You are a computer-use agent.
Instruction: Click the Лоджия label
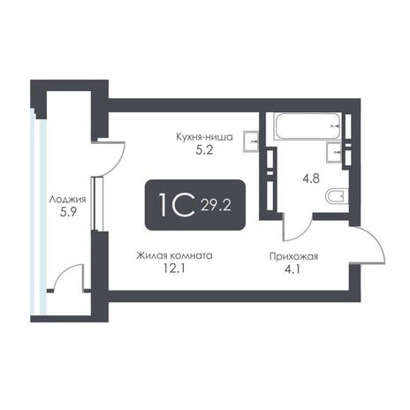point(67,200)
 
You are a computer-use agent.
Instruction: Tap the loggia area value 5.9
point(68,212)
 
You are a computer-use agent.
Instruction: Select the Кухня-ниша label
point(204,137)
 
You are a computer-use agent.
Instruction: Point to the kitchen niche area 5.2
point(204,150)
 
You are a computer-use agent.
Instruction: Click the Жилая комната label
point(174,255)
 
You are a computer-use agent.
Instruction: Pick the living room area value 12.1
point(174,269)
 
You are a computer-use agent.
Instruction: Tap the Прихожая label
point(293,256)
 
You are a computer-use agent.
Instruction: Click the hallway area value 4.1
point(292,270)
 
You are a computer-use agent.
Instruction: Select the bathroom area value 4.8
point(311,178)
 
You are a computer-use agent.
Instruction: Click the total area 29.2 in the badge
point(216,205)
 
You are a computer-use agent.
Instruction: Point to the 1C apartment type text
point(177,205)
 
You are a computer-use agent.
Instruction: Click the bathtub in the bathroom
point(308,126)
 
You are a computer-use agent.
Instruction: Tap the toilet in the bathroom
point(338,195)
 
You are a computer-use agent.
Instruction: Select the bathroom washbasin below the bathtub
point(334,152)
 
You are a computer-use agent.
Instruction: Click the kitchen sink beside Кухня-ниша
point(251,141)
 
